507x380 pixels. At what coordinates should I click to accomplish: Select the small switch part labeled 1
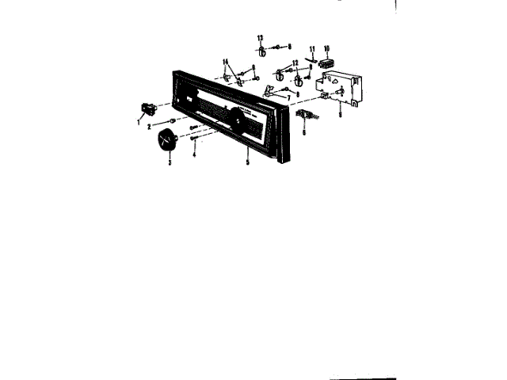(x=147, y=108)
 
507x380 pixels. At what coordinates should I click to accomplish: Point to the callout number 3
(x=167, y=163)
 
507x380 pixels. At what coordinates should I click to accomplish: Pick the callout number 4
(x=193, y=155)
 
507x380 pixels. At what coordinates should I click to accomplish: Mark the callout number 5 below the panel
(x=248, y=161)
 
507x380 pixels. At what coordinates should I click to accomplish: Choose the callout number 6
(x=303, y=131)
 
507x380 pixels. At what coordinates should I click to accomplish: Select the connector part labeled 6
(x=307, y=115)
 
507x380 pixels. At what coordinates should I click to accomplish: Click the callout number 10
(x=326, y=47)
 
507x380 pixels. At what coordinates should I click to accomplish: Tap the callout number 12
(x=294, y=63)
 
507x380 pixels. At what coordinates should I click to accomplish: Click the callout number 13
(x=260, y=37)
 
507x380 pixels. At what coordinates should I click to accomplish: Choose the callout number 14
(x=226, y=61)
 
